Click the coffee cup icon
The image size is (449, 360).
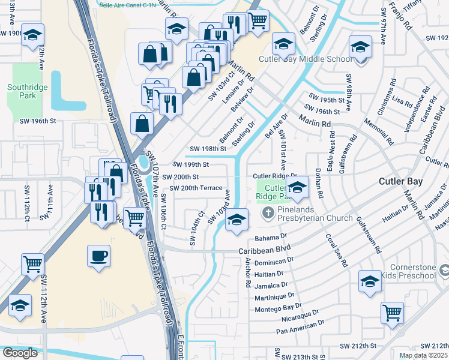[x=98, y=256]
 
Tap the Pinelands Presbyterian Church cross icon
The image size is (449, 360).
[x=268, y=212]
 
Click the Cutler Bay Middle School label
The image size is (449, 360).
[x=305, y=59]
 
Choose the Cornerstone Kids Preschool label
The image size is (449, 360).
[x=411, y=271]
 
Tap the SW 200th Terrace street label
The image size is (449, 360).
[x=197, y=188]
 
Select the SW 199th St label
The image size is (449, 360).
[x=190, y=164]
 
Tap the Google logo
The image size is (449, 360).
[x=20, y=353]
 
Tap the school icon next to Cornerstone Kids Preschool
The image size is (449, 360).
[x=370, y=280]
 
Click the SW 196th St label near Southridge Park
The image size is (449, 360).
[x=37, y=121]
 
